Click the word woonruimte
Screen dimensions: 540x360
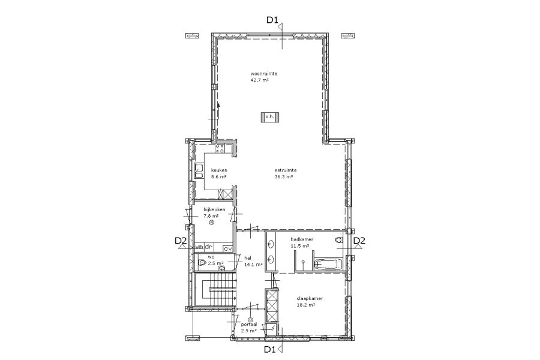264,73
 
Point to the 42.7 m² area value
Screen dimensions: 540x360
260,80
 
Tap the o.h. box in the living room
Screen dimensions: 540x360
269,117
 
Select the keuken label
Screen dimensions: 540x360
219,170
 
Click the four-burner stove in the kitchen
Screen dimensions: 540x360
220,149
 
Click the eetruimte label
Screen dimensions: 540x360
286,170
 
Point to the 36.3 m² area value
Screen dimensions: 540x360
284,177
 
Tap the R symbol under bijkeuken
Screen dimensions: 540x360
212,223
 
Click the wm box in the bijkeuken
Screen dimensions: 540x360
199,247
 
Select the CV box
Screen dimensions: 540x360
227,248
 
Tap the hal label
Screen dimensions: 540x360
248,257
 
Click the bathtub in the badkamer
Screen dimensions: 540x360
328,265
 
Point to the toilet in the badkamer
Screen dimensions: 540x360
339,241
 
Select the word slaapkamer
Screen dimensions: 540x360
310,299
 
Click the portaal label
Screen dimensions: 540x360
248,324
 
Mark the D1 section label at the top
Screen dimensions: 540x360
272,20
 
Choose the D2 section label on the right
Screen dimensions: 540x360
359,241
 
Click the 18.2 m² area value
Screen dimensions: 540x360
306,305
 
